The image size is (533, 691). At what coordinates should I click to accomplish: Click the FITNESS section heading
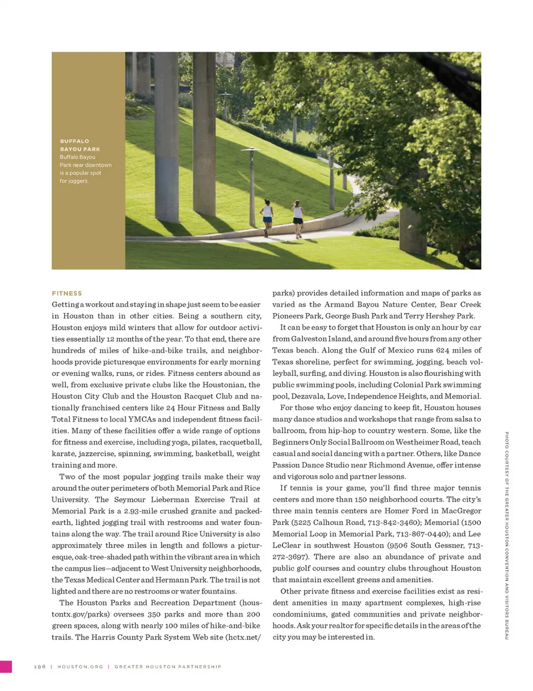67,293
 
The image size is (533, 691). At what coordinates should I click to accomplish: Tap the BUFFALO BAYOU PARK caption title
80,145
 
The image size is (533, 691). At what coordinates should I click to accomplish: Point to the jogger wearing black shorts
298,218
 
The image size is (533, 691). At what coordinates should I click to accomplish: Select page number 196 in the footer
40,667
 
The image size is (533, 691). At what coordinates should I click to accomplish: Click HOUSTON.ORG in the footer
80,667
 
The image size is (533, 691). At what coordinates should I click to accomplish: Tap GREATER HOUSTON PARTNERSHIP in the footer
168,667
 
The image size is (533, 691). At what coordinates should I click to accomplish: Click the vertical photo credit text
506,535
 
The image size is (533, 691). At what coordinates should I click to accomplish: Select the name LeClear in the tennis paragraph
286,546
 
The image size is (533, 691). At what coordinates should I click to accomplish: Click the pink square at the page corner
6,667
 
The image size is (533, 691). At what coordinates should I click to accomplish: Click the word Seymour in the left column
130,500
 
